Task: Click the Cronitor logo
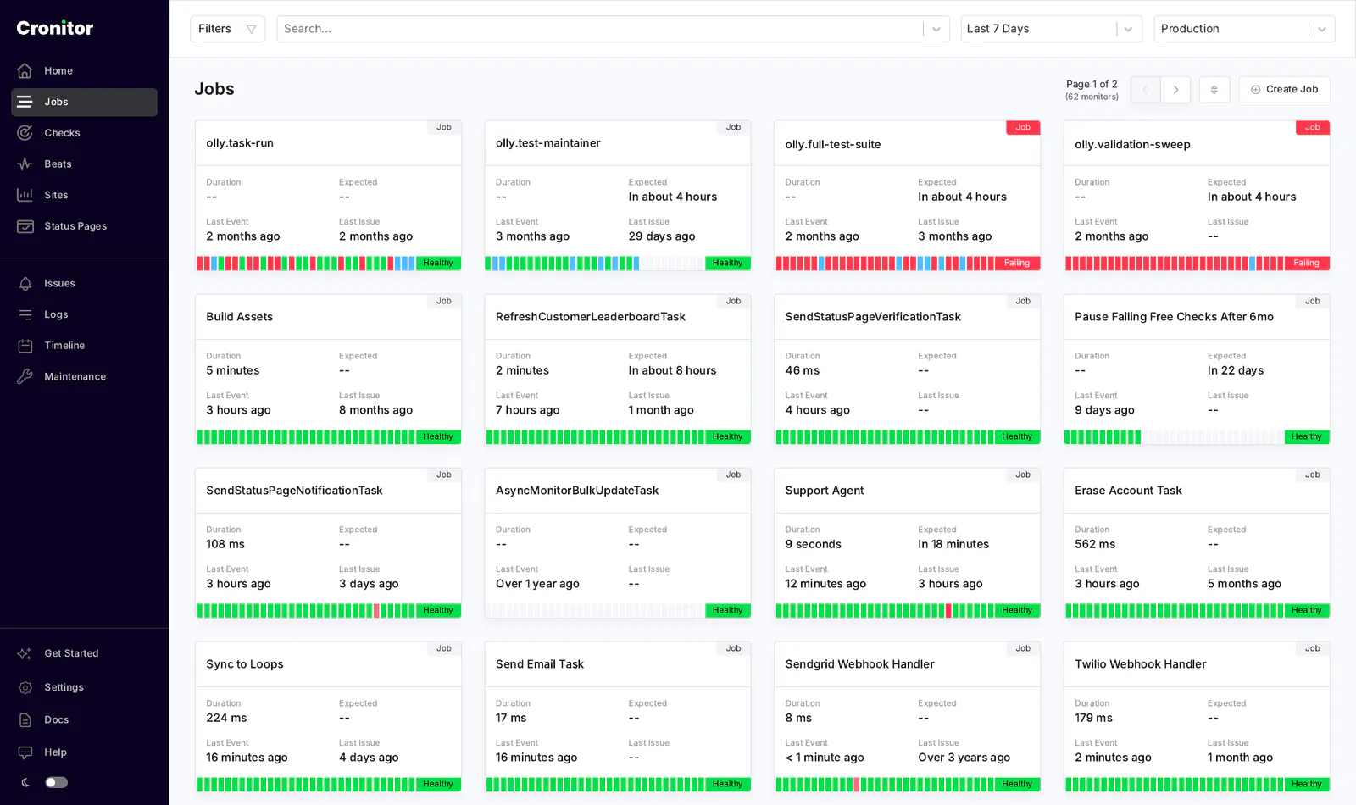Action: (x=54, y=28)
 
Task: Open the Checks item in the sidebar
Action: (x=62, y=132)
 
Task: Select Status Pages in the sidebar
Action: (x=75, y=225)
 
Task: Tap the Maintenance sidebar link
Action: (x=75, y=376)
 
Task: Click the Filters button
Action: (x=228, y=29)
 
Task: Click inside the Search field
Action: (x=599, y=29)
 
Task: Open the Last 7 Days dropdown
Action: (x=1051, y=29)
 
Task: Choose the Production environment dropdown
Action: (x=1244, y=29)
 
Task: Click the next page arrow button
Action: (x=1175, y=90)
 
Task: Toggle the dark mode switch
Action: (x=56, y=783)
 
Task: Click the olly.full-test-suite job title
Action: (x=832, y=144)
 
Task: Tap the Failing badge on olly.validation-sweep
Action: (x=1306, y=263)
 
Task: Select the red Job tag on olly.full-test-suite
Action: (x=1022, y=127)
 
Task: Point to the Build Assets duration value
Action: (x=232, y=370)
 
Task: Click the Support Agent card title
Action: (x=824, y=491)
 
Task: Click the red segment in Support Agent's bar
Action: (x=948, y=610)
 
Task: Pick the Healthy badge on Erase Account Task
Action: (x=1306, y=610)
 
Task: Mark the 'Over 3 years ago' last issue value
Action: (x=964, y=758)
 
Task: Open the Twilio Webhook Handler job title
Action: (x=1140, y=664)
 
